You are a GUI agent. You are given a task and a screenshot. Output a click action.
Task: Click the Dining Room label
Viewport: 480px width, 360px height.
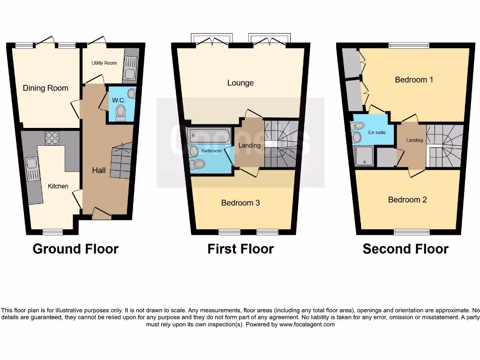tap(45, 88)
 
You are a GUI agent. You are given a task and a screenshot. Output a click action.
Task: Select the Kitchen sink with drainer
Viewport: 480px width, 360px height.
tap(33, 169)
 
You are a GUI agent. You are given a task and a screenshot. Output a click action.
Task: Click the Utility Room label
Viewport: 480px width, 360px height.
tap(104, 63)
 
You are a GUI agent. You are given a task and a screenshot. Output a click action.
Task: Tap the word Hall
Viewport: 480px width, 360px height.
tap(98, 171)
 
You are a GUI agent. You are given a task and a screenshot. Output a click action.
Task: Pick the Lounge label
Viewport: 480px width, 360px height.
tap(240, 83)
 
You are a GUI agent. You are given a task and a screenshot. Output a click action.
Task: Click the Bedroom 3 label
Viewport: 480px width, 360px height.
tap(240, 203)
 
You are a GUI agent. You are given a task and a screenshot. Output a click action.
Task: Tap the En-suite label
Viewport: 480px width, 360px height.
tap(377, 133)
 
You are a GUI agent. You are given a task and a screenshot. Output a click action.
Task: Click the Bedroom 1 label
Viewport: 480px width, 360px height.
tap(414, 80)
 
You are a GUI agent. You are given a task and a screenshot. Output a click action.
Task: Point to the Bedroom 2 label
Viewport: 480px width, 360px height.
tap(407, 200)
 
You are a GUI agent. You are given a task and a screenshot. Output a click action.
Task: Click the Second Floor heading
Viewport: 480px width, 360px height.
tap(405, 249)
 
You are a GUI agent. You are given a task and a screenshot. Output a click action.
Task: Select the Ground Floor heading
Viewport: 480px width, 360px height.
tap(75, 249)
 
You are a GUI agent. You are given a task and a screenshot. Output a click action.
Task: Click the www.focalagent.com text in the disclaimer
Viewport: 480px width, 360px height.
tap(307, 324)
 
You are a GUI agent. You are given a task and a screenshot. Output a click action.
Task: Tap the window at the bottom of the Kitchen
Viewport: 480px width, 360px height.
tap(52, 232)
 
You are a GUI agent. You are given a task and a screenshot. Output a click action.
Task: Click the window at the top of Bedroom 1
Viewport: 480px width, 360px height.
tap(405, 45)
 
